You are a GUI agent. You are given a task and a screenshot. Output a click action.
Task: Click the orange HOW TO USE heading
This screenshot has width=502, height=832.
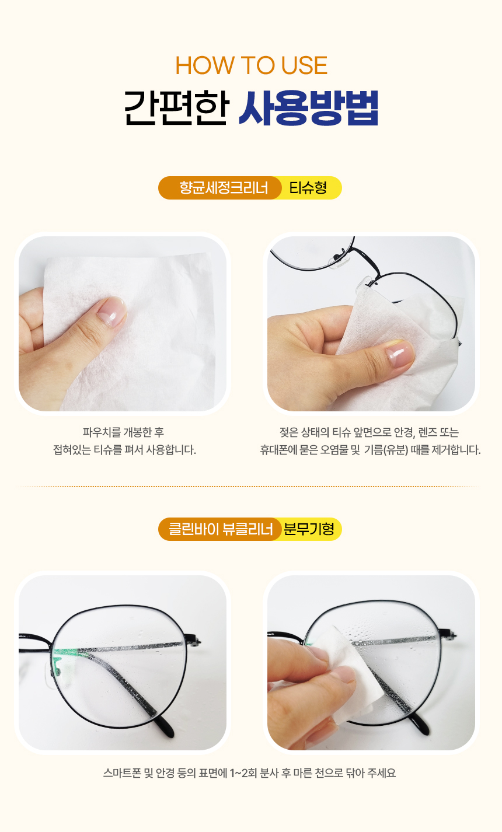(x=251, y=65)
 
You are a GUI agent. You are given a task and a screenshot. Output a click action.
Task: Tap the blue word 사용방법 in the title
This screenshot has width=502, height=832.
(x=308, y=108)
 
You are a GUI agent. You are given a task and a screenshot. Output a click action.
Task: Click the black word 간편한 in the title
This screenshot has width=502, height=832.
(x=176, y=108)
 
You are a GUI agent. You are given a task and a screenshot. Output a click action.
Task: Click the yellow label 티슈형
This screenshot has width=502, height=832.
(x=308, y=187)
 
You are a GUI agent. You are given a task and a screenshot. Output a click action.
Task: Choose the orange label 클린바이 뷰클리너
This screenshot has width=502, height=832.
(x=220, y=529)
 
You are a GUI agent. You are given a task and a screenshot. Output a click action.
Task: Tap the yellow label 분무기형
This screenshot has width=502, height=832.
(x=309, y=529)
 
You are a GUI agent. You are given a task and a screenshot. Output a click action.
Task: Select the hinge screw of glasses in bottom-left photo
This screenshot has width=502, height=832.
(x=198, y=641)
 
